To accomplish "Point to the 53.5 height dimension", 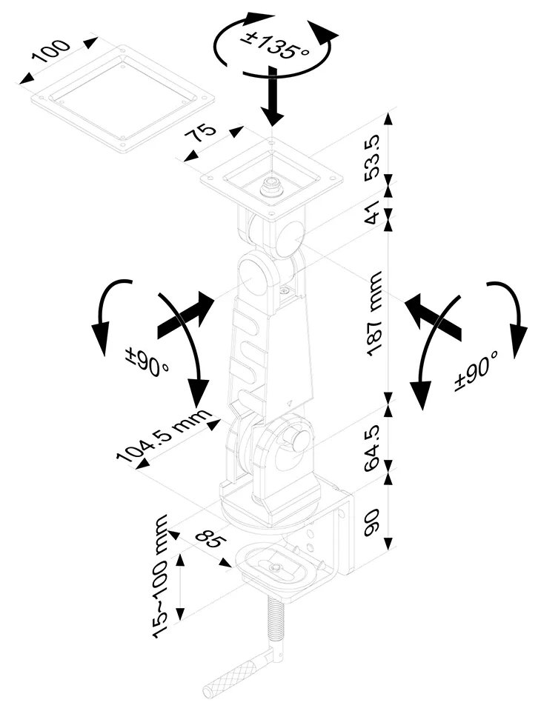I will click(372, 156).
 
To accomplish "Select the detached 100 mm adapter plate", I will click(123, 99).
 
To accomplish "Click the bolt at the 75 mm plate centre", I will click(272, 187).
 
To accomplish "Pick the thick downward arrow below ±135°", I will click(273, 96).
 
